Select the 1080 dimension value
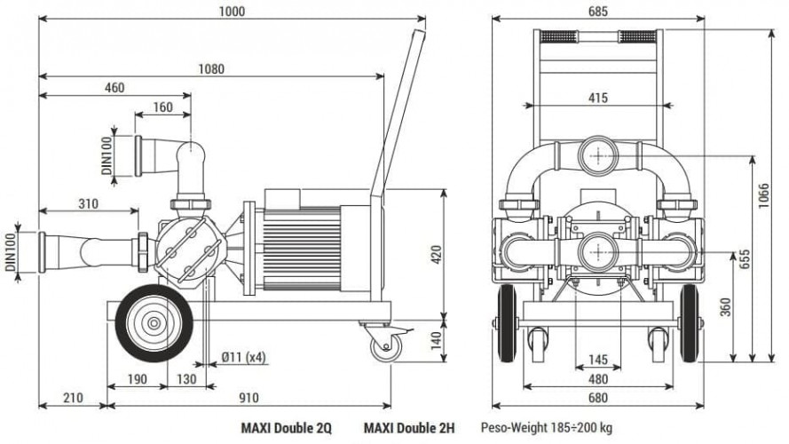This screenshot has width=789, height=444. [211, 68]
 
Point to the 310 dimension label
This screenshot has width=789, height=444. [89, 203]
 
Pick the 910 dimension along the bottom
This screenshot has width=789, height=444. [249, 398]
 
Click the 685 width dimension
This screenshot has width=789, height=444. [598, 12]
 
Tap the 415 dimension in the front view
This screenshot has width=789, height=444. [598, 99]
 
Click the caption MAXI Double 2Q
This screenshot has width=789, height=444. [286, 427]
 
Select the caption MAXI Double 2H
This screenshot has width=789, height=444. [408, 427]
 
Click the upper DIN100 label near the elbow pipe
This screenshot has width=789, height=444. [107, 155]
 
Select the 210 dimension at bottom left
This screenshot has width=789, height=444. [73, 398]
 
